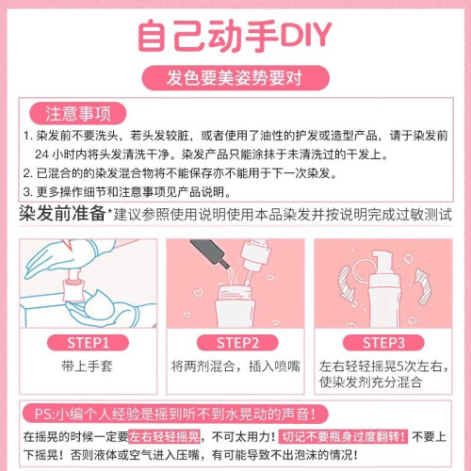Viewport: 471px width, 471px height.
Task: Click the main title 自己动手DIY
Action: [235, 35]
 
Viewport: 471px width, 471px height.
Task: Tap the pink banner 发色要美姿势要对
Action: [235, 78]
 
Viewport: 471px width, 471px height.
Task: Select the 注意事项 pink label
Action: [78, 113]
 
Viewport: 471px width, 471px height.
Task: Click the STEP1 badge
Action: [88, 343]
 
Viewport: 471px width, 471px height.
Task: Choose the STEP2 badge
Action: [237, 343]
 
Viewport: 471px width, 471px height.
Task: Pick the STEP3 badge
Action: [383, 343]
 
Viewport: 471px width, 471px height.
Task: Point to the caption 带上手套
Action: [88, 366]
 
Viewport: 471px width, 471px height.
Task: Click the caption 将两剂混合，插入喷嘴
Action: [235, 366]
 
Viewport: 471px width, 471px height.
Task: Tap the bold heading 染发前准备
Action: [62, 214]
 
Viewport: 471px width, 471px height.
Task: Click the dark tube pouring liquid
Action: [210, 252]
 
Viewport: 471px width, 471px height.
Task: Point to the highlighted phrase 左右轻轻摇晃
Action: [164, 436]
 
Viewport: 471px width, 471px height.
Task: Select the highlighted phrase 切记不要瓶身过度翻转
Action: [343, 436]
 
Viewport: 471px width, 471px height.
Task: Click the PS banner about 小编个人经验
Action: [175, 414]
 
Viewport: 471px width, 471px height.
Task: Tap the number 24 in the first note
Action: [41, 154]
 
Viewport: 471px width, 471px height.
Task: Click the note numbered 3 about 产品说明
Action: [127, 192]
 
